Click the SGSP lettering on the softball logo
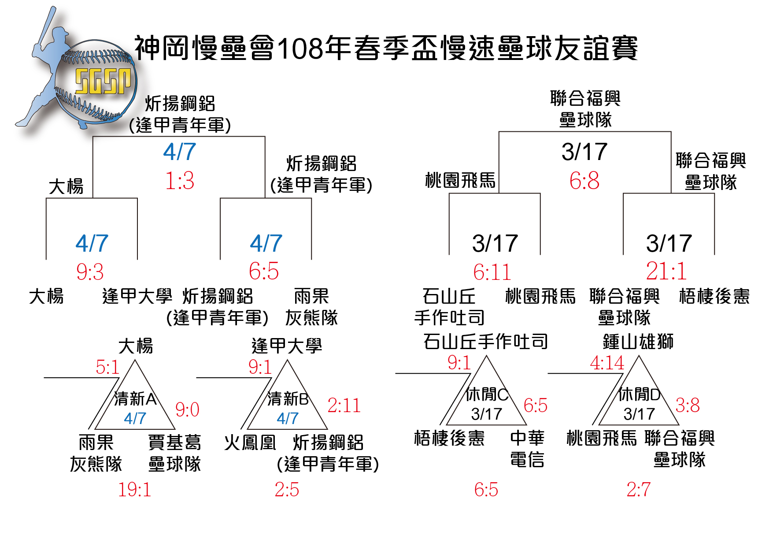pyautogui.click(x=103, y=81)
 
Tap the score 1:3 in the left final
pyautogui.click(x=180, y=181)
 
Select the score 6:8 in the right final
pyautogui.click(x=584, y=181)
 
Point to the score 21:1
pyautogui.click(x=666, y=271)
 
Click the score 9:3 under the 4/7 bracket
pyautogui.click(x=90, y=272)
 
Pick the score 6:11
pyautogui.click(x=492, y=272)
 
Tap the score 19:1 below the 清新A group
pyautogui.click(x=134, y=490)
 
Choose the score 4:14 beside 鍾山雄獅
pyautogui.click(x=607, y=363)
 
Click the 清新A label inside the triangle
pyautogui.click(x=135, y=398)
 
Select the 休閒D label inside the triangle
pyautogui.click(x=639, y=394)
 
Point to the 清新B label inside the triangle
pyautogui.click(x=288, y=398)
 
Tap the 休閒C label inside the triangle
pyautogui.click(x=487, y=394)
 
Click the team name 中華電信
pyautogui.click(x=527, y=449)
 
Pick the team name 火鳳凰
pyautogui.click(x=250, y=442)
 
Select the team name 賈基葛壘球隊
pyautogui.click(x=174, y=453)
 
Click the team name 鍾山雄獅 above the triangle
pyautogui.click(x=638, y=341)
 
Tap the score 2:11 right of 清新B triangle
pyautogui.click(x=344, y=406)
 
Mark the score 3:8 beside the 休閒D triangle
pyautogui.click(x=688, y=405)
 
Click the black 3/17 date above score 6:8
pyautogui.click(x=584, y=152)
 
